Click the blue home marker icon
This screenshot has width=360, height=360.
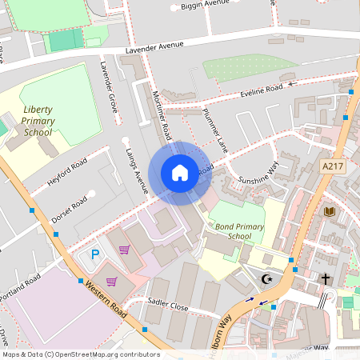(180, 173)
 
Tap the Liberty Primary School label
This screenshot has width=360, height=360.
(38, 121)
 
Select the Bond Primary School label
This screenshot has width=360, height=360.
(238, 231)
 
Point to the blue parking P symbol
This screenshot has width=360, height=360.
(95, 255)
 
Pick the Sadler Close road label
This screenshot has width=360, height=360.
(168, 306)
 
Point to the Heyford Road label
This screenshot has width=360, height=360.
(67, 174)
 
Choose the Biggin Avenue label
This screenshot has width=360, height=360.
(204, 4)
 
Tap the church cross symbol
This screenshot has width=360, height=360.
(325, 278)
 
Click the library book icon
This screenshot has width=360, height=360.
(328, 211)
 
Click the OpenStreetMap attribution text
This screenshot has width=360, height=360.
(80, 354)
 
